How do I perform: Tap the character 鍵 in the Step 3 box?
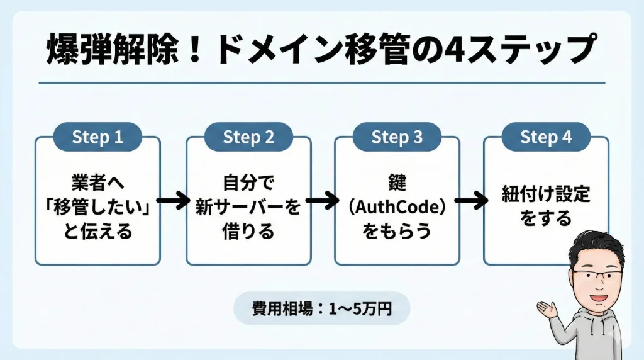tap(397, 183)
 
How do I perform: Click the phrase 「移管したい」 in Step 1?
tap(97, 207)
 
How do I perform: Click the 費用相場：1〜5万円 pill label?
tap(321, 308)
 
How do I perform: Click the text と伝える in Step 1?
tap(97, 231)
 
